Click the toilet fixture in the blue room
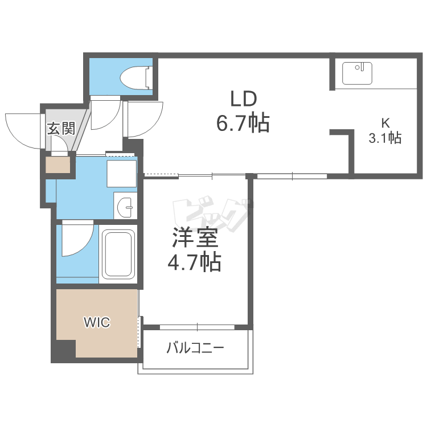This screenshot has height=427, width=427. click(x=136, y=77)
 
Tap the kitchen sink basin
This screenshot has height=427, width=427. click(x=357, y=73)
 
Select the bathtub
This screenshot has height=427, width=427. click(x=118, y=254)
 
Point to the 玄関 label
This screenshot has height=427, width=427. click(x=61, y=128)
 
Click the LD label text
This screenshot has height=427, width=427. click(x=243, y=99)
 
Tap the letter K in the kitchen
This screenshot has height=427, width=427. click(x=385, y=124)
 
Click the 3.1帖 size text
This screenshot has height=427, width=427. click(x=385, y=138)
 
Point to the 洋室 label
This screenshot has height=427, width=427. click(x=195, y=237)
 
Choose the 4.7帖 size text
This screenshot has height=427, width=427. click(x=194, y=262)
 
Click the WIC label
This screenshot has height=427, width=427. click(x=97, y=322)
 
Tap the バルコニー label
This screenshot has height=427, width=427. click(x=195, y=348)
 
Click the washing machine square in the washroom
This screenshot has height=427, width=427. click(x=121, y=174)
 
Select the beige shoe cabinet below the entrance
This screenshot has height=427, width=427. click(x=58, y=165)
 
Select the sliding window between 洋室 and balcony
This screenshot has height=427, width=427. click(x=197, y=327)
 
